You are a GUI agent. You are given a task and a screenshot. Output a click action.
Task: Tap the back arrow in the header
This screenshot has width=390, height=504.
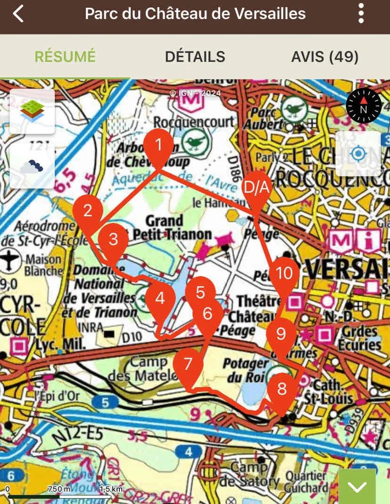[x=18, y=14]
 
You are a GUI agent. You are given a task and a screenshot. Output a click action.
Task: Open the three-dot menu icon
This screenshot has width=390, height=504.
[x=361, y=14]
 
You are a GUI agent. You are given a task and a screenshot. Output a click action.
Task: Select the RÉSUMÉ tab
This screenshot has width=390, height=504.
[x=65, y=57]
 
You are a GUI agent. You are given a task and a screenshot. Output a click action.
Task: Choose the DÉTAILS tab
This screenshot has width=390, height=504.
[x=195, y=57]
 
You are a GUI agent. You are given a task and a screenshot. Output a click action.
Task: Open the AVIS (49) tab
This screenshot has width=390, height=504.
[x=325, y=57]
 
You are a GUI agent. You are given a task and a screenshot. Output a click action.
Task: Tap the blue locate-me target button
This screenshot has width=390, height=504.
[x=358, y=154]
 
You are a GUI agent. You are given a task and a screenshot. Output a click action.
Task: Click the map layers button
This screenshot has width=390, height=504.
[x=32, y=111]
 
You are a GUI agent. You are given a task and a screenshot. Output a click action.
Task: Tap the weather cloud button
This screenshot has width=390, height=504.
[x=32, y=166]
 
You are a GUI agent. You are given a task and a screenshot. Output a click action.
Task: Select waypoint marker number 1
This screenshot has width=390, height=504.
[x=159, y=145]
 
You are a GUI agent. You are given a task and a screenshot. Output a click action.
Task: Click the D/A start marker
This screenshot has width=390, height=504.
[x=256, y=188]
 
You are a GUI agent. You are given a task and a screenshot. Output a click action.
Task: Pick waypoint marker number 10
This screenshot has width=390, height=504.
[x=284, y=273]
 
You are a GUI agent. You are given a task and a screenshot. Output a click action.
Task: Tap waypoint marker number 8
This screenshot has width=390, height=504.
[x=282, y=388]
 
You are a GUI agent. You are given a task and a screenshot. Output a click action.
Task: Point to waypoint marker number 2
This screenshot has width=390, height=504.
[x=88, y=211]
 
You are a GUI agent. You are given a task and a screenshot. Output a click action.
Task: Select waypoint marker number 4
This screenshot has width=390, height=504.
[x=160, y=299]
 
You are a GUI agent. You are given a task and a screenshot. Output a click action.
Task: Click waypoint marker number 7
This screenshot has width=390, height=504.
[x=188, y=364]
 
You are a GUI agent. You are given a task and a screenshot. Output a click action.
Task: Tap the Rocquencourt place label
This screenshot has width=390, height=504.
[x=194, y=122]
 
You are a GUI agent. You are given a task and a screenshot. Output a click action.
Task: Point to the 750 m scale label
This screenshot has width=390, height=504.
[x=59, y=489]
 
